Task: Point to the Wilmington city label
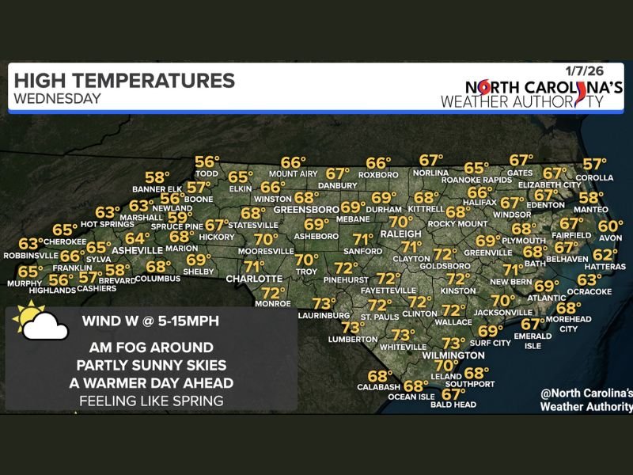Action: tap(453, 355)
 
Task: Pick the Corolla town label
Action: tap(598, 178)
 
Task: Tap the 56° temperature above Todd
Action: tap(207, 161)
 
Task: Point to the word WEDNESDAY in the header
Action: tap(58, 99)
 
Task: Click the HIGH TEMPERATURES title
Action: tap(124, 81)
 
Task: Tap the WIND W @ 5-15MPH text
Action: tap(150, 321)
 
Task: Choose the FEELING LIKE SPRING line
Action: tap(151, 401)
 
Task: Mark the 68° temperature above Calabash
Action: tap(380, 376)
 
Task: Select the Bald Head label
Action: tap(454, 405)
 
